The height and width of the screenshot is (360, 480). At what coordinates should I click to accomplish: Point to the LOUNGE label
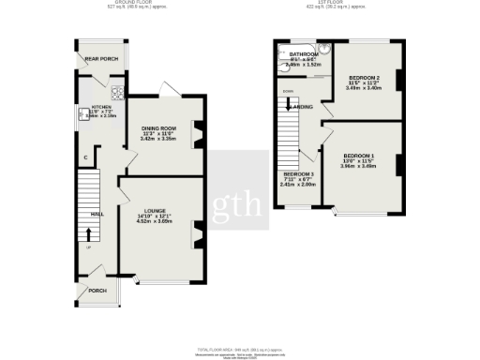click(155, 210)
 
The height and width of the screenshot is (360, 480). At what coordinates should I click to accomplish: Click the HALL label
click(97, 214)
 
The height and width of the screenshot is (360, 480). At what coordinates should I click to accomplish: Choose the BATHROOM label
click(304, 54)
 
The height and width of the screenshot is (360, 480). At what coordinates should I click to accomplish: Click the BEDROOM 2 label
click(364, 76)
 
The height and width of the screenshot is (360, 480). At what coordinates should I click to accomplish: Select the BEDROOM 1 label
click(358, 155)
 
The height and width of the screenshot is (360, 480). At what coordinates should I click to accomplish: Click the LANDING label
click(302, 107)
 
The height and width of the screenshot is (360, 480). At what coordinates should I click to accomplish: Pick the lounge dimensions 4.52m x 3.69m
click(156, 222)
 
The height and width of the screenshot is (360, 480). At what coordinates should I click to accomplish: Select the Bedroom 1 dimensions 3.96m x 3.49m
click(358, 167)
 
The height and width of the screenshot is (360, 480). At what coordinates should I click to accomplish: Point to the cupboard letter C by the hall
click(86, 157)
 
